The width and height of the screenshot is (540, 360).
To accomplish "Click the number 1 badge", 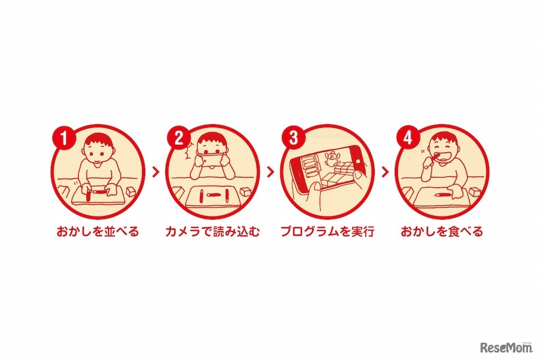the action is pos(64,138).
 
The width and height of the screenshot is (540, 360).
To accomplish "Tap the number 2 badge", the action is pos(179,138).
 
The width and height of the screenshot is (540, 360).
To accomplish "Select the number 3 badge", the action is pos(293,138).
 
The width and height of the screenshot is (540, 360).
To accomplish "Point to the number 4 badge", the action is pos(408,138).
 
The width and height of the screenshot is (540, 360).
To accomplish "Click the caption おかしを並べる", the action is pos(98,232).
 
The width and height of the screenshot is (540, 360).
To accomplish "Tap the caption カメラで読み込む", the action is pos(212,232).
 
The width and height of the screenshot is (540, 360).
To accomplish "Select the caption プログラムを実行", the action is pos(327,232).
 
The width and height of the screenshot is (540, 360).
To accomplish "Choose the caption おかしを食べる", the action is pos(442,232).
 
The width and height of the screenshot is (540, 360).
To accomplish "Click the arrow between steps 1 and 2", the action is pos(156,172).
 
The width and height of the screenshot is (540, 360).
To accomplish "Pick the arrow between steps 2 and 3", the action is pos(271,172).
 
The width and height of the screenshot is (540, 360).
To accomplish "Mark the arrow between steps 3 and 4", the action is pos(386,172).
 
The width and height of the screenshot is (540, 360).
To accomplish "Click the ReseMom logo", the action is pos(507,348).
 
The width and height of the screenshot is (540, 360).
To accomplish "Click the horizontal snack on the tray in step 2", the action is pos(214,195).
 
